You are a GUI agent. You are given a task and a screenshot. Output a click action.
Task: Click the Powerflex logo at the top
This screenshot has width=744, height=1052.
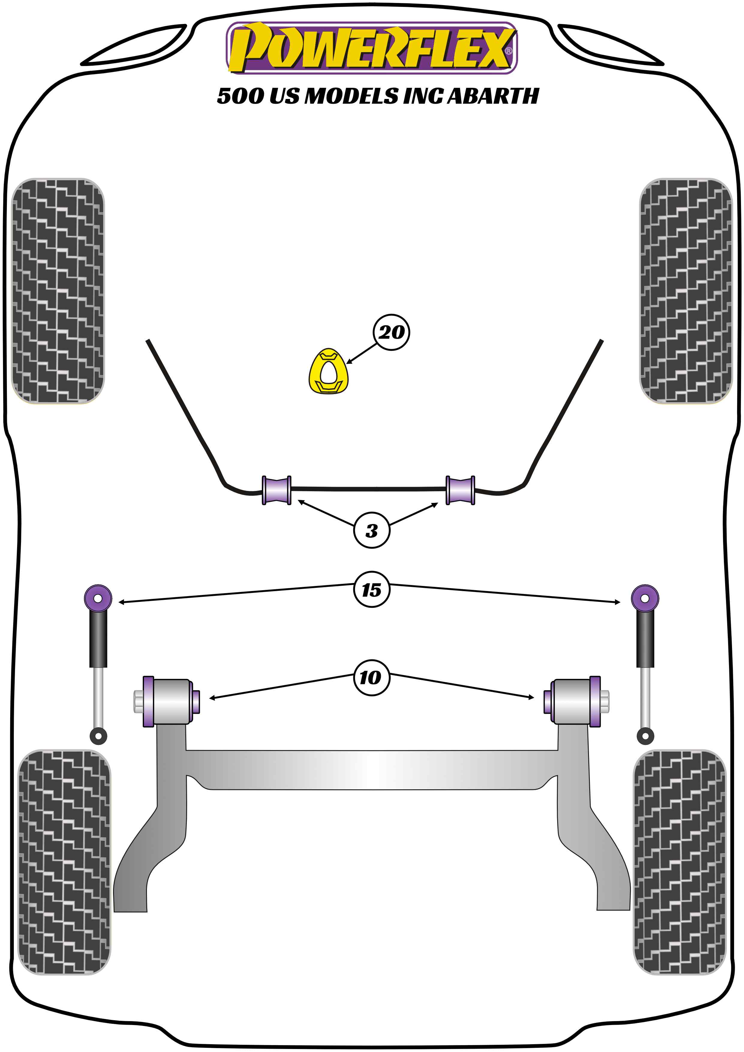[x=372, y=48]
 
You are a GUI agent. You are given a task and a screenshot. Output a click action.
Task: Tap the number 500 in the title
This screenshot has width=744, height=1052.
[x=240, y=96]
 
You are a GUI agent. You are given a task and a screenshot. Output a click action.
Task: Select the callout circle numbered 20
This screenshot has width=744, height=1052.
[x=391, y=332]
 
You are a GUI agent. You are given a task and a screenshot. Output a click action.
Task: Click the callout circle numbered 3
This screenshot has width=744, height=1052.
[x=372, y=530]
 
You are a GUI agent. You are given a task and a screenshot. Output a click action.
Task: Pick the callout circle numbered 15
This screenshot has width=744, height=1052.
[x=372, y=590]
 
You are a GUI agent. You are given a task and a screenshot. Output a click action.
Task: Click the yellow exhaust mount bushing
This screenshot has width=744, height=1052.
[x=328, y=372]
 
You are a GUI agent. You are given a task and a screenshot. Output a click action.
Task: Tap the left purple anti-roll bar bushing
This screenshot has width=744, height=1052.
[x=276, y=490]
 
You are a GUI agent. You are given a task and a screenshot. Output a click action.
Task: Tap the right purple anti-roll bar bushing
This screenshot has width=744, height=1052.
[x=460, y=490]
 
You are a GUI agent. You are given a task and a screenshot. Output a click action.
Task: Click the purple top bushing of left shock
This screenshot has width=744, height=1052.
[x=98, y=598]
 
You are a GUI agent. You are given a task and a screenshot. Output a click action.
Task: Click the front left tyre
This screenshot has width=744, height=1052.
[x=58, y=291]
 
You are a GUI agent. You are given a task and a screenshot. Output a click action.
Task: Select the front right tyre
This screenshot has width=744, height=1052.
[x=686, y=291]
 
